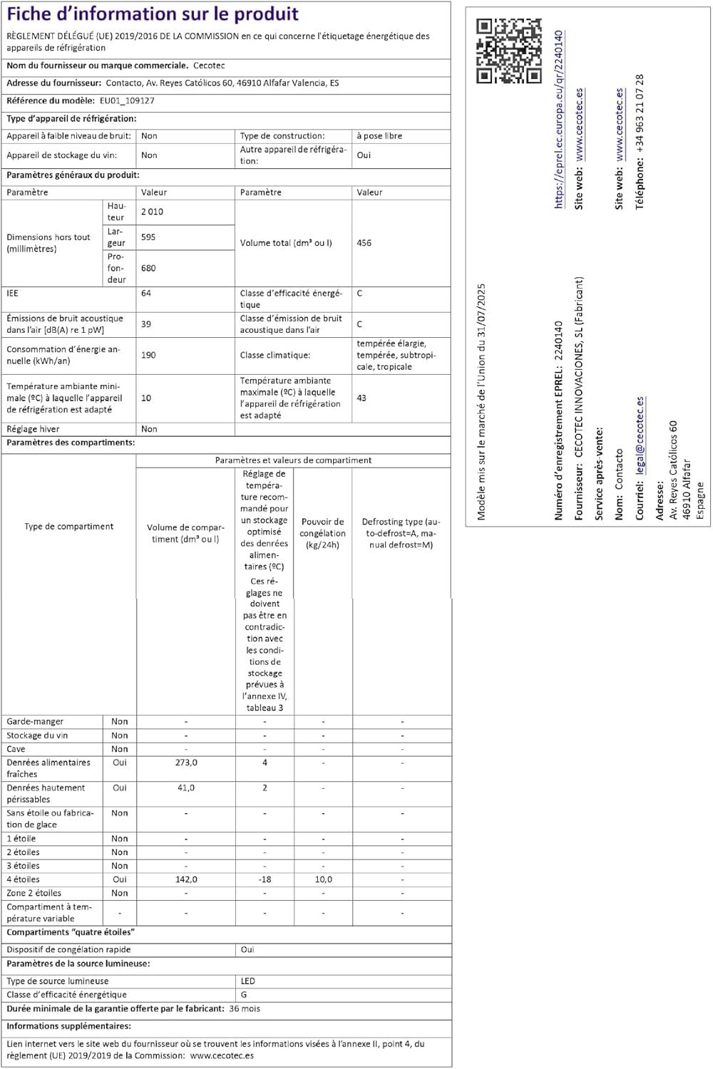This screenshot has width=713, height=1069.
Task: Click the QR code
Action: (x=508, y=51)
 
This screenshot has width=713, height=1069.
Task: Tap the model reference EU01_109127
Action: (x=127, y=100)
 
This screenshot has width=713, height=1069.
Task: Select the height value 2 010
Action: (x=152, y=212)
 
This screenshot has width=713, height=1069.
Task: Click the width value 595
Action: (x=148, y=237)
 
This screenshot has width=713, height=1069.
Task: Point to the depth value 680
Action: (x=148, y=268)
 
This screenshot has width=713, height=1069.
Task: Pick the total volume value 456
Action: (x=364, y=243)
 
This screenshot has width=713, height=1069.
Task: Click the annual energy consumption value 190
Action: (x=148, y=355)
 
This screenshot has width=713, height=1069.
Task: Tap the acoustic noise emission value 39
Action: (x=146, y=324)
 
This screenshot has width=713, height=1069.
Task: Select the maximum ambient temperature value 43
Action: (x=361, y=398)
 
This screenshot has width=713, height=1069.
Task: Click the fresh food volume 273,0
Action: (x=186, y=763)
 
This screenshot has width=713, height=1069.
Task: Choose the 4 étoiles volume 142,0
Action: (x=186, y=879)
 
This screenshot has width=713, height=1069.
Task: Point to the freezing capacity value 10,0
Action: (x=323, y=879)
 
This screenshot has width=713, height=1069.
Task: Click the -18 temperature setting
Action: (x=265, y=879)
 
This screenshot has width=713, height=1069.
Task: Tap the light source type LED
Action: (x=247, y=981)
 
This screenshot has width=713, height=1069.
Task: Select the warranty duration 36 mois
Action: (x=245, y=1009)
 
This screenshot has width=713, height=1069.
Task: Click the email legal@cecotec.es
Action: (x=640, y=435)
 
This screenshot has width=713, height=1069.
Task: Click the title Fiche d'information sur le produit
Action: (x=153, y=14)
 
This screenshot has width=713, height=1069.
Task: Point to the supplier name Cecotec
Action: (x=209, y=66)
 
